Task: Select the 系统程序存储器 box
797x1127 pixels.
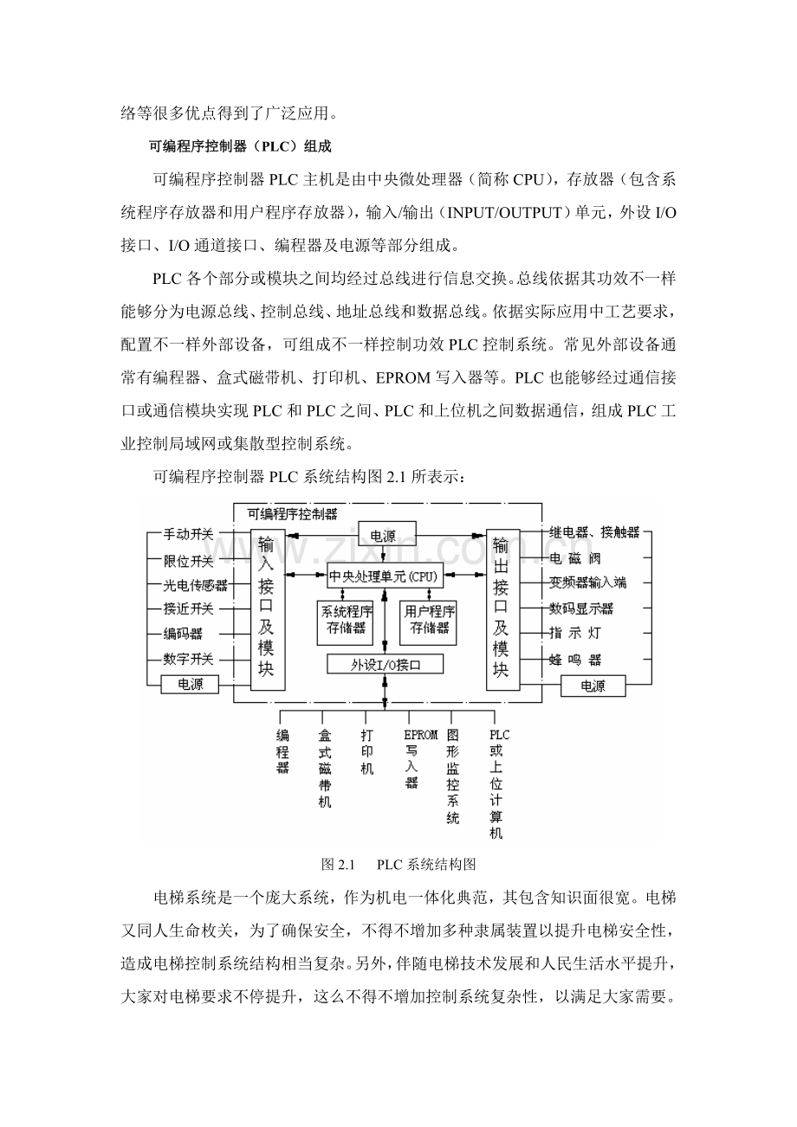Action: [x=345, y=622]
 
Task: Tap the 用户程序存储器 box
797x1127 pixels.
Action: [x=428, y=622]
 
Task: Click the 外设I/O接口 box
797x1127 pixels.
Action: [x=386, y=664]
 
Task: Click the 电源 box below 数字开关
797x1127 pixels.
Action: [x=190, y=684]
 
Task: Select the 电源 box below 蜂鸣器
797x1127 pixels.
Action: [x=593, y=686]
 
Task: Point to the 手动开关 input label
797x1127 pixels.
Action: [x=188, y=534]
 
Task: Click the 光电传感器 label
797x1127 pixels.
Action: [x=195, y=585]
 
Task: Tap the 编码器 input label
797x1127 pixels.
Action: [x=182, y=634]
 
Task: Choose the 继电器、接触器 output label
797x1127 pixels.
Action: [x=594, y=532]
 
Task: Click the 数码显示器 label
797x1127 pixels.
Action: [x=581, y=609]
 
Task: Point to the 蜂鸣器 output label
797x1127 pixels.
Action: [x=575, y=660]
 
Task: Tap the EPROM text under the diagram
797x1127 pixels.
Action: [x=421, y=735]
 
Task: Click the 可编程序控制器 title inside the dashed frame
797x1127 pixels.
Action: [x=293, y=514]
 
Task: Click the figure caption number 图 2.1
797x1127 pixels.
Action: [x=339, y=865]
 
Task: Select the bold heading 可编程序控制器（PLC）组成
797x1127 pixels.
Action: [x=240, y=146]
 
